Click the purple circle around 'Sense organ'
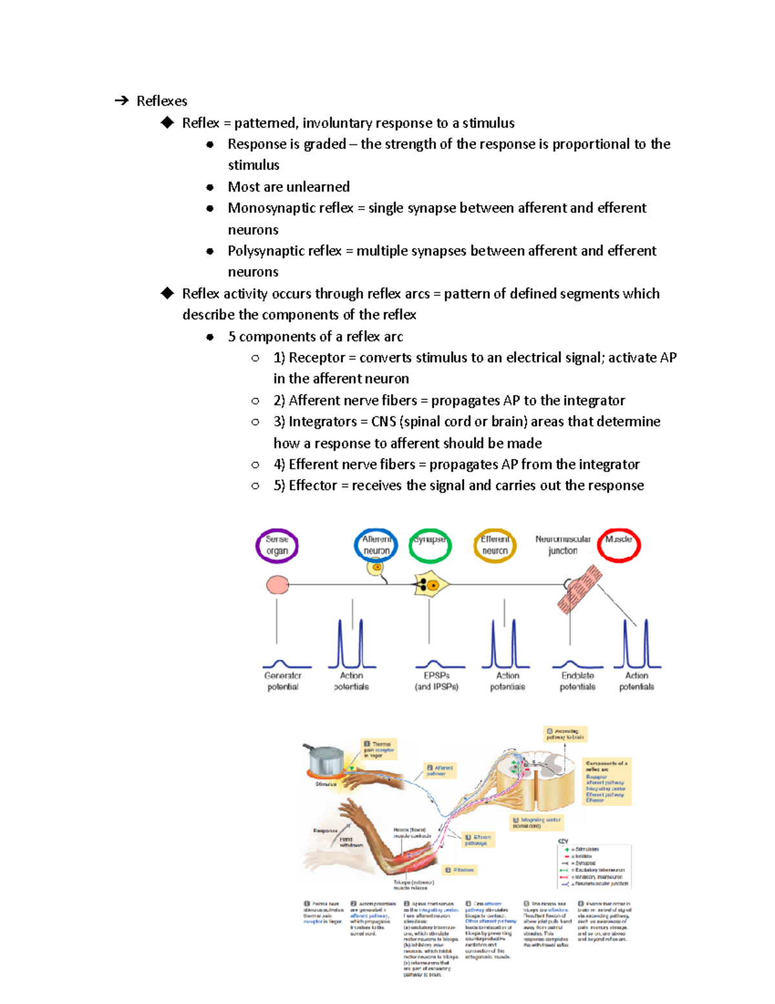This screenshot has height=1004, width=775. pos(276,546)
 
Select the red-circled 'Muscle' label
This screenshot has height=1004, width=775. pos(618,545)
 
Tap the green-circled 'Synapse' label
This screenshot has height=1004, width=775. pos(429,545)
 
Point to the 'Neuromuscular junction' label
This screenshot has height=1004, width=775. pos(563,545)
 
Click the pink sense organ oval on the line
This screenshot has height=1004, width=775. pos(278,585)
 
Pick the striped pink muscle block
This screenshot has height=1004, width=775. pos(579,588)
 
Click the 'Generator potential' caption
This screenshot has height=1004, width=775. pos(283,681)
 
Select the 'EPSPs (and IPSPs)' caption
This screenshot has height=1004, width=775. pos(437,681)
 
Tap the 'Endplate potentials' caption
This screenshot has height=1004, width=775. pos(577,681)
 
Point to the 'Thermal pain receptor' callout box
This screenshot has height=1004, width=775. pos(378,749)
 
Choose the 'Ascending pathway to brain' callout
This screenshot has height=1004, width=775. pos(565,734)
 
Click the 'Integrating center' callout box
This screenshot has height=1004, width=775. pos(537,822)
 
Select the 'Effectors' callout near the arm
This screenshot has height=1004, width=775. pos(460,870)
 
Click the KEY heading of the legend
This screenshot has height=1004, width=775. pos(563,841)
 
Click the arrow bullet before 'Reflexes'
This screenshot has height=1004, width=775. pos(121,101)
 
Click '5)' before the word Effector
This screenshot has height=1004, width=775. pos(279,486)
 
